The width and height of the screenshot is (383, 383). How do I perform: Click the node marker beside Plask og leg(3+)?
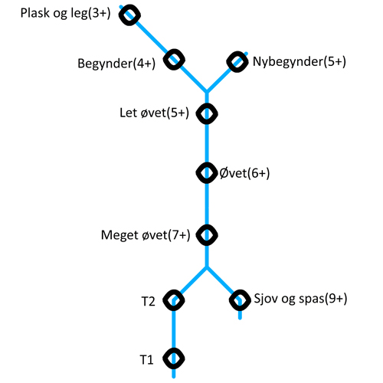[x=129, y=15]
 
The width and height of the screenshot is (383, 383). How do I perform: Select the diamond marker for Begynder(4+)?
[x=174, y=60]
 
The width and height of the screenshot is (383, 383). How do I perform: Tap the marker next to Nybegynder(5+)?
[x=237, y=62]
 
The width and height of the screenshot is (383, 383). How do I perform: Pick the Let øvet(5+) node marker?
[x=207, y=113]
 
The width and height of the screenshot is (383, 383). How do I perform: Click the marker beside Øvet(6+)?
[x=207, y=173]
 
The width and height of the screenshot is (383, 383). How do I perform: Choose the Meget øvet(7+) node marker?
[x=207, y=235]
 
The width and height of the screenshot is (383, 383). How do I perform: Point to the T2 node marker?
[x=174, y=300]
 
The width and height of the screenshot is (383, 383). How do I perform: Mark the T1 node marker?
[x=174, y=358]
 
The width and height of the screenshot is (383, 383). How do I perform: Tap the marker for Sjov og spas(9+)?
[x=240, y=300]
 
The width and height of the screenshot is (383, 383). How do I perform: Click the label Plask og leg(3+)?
[x=65, y=13]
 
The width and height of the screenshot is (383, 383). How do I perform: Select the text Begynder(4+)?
[x=116, y=64]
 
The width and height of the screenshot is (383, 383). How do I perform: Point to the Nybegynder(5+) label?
[x=300, y=62]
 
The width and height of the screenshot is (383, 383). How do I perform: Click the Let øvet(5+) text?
[x=155, y=113]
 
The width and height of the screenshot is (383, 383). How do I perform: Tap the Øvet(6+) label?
[x=244, y=173]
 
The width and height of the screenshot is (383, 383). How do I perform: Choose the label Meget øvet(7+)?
[x=146, y=235]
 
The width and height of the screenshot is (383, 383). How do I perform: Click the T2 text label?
[x=148, y=302]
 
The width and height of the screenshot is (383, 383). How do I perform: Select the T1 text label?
[x=147, y=360]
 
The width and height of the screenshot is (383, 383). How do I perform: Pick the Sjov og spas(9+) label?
[x=300, y=299]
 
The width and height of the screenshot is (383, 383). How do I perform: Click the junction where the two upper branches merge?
[x=207, y=92]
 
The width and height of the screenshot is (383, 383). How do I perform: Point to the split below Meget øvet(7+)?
[x=207, y=267]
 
